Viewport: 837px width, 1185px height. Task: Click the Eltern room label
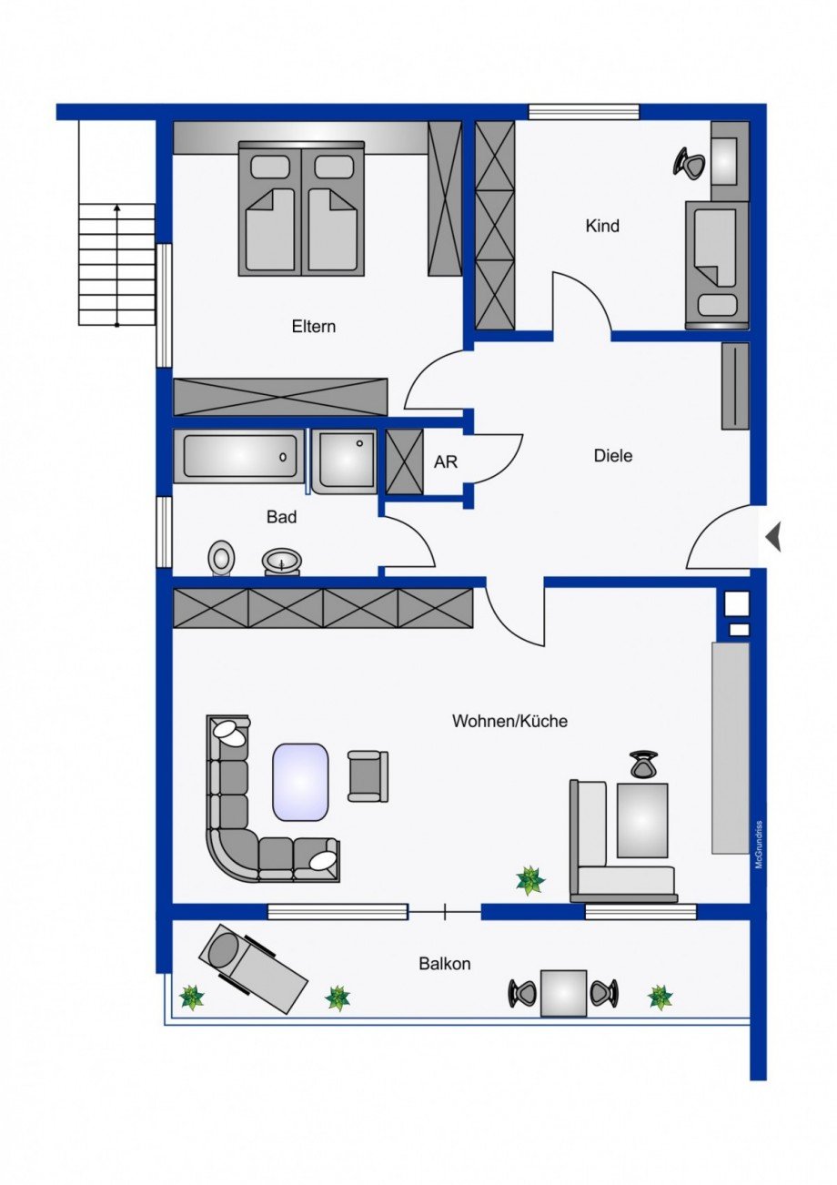click(x=314, y=326)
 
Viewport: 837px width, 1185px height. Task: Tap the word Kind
click(x=602, y=226)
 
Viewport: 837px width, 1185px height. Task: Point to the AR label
click(x=445, y=461)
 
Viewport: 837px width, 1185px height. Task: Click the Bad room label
click(x=281, y=517)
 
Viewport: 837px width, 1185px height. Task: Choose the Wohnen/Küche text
click(x=509, y=721)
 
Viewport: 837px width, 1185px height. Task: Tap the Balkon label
click(x=445, y=963)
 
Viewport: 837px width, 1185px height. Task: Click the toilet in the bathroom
click(x=222, y=558)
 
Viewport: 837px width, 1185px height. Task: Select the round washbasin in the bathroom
click(x=282, y=562)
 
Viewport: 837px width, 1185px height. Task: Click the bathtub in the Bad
click(x=240, y=454)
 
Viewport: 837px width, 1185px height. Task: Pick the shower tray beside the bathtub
click(x=346, y=461)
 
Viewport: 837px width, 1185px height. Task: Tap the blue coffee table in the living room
click(x=301, y=781)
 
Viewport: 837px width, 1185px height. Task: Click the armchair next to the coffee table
click(x=368, y=776)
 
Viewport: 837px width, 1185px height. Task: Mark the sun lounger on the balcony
click(x=252, y=967)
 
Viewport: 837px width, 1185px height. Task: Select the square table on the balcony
click(x=563, y=992)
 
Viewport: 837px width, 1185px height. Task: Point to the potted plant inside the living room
click(x=529, y=880)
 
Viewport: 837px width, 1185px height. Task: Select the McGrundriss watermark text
click(x=759, y=846)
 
